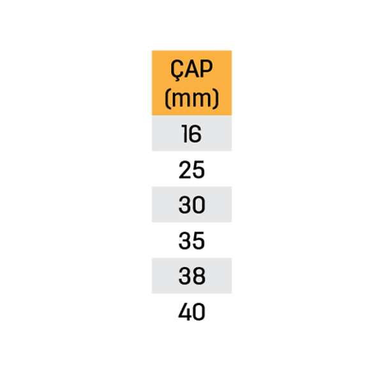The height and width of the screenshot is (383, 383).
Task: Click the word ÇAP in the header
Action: [191, 70]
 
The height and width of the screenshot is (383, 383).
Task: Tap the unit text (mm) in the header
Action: [191, 98]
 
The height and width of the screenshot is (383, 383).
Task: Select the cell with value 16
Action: [191, 133]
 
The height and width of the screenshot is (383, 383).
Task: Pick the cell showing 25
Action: [191, 169]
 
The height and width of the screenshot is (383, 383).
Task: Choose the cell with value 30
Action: [191, 204]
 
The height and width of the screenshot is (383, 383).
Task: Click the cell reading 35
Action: [191, 240]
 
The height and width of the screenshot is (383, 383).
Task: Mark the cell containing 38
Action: [191, 276]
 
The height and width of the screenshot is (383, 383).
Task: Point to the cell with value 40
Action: [191, 312]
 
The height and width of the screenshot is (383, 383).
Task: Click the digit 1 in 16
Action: [184, 133]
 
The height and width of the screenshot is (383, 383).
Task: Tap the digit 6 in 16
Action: [195, 133]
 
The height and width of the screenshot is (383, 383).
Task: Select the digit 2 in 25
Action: [185, 170]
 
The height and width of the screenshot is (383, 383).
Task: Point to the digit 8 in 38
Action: [199, 276]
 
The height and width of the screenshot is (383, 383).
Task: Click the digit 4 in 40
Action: [185, 312]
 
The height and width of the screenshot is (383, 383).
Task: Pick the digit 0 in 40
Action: [199, 312]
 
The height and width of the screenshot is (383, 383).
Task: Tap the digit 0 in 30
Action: [199, 205]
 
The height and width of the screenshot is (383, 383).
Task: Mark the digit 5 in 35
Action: [199, 241]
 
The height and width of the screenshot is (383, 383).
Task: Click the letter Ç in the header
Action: [177, 70]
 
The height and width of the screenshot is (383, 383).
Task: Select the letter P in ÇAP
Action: [206, 69]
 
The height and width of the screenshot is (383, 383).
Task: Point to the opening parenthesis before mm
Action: [167, 98]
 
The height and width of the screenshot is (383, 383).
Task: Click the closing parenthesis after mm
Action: [216, 98]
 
